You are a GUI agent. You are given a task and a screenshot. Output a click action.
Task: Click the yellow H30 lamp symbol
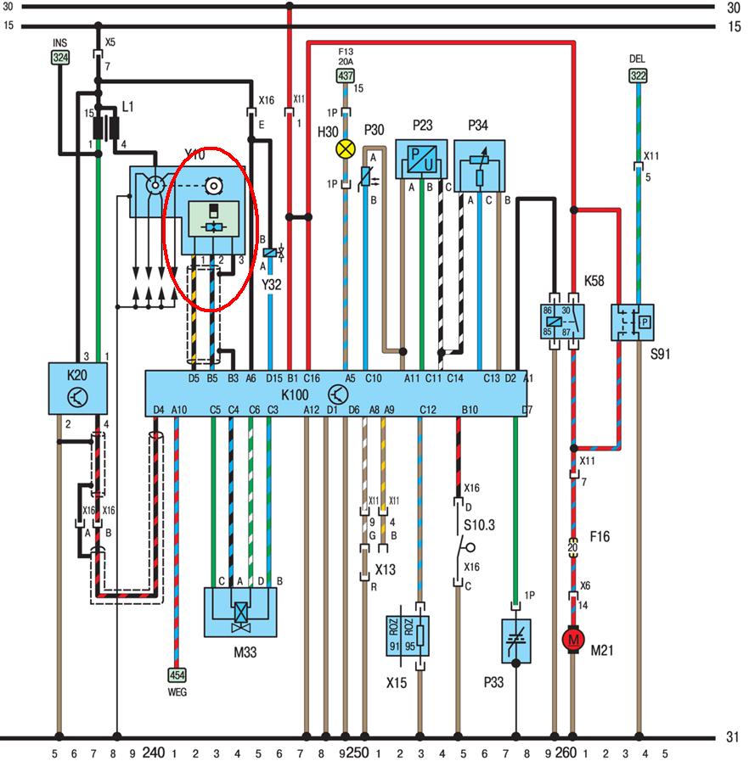point(345,149)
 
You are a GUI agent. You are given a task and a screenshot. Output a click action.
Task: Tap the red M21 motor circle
point(573,638)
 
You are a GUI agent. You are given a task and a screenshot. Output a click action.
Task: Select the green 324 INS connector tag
point(60,58)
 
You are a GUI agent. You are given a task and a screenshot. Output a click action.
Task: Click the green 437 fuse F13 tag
point(345,76)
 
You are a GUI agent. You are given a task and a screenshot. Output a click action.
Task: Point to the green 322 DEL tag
point(637,76)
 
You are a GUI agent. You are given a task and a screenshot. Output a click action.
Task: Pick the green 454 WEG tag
point(177,674)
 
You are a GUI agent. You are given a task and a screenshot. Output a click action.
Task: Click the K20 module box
point(77,395)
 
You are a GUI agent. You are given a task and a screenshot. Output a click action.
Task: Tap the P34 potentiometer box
point(480,165)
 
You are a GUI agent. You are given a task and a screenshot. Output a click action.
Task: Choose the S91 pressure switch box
point(633,323)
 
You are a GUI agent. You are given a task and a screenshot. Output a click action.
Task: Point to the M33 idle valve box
point(241,613)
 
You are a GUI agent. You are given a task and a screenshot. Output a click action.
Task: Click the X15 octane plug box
point(408,632)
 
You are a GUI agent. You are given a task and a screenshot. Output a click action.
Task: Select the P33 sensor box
point(515,643)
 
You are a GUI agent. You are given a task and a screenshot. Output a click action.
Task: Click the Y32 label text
point(271,285)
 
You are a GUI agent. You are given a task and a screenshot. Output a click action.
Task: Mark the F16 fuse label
point(600,536)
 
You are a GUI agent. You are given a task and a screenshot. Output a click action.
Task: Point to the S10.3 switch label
point(480,525)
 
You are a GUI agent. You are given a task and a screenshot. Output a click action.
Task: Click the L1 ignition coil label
point(127,107)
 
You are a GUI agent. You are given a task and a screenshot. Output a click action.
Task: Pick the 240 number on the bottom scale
point(153,751)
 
